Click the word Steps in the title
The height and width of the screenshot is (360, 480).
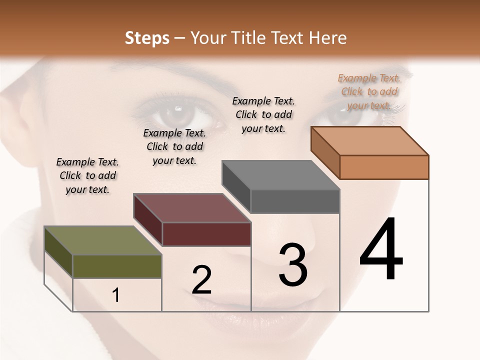(147, 38)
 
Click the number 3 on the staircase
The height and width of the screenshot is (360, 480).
(293, 265)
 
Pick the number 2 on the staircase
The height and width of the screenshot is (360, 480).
(201, 280)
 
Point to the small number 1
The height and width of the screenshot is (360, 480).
(116, 295)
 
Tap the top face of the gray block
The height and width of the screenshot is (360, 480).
(280, 175)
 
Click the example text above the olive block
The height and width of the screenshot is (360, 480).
(87, 175)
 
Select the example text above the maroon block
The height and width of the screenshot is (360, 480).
(174, 146)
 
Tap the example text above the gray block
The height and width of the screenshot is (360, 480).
(263, 114)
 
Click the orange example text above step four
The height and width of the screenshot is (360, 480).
(369, 91)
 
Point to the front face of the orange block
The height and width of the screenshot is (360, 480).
(384, 167)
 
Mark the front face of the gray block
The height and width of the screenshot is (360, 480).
(295, 201)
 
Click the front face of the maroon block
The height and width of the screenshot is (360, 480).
(206, 234)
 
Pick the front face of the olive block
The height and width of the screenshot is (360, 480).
(117, 266)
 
